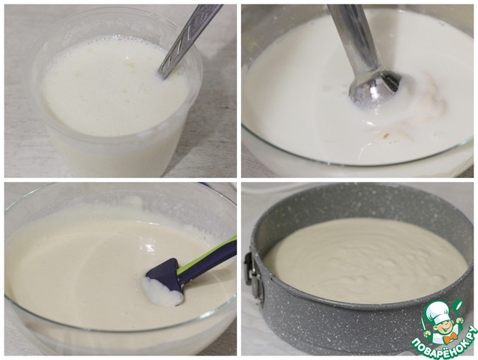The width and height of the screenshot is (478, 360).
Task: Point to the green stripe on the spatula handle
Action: click(208, 255)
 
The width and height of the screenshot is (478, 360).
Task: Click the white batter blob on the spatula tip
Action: click(162, 292)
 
